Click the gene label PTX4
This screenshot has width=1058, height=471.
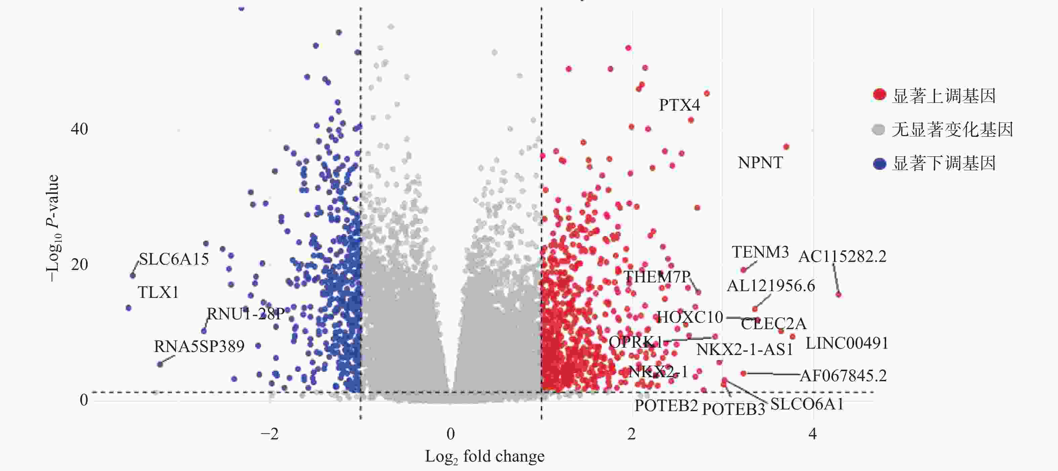tap(679, 105)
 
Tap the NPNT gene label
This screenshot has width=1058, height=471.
tap(760, 163)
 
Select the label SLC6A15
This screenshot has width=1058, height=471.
tap(174, 259)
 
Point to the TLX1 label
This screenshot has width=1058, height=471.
tap(158, 292)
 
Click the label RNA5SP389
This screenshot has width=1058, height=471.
tap(199, 347)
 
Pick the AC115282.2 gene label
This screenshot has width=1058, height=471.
tap(842, 257)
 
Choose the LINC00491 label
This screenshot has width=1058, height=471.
tap(847, 343)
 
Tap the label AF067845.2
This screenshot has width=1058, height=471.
tap(843, 376)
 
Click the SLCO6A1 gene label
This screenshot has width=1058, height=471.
tap(807, 404)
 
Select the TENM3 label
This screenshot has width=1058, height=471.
tap(760, 252)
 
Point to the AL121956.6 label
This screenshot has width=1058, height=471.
tap(771, 286)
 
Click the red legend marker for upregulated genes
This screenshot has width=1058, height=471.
tap(879, 94)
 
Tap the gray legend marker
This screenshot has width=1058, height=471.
tap(878, 130)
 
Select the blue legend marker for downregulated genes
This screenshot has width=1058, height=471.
tap(879, 164)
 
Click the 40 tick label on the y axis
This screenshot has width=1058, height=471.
tap(79, 129)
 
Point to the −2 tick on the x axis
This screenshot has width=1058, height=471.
tap(269, 434)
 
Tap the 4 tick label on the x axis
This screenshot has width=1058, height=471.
tap(812, 434)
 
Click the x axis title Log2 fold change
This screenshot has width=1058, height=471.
tap(485, 457)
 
